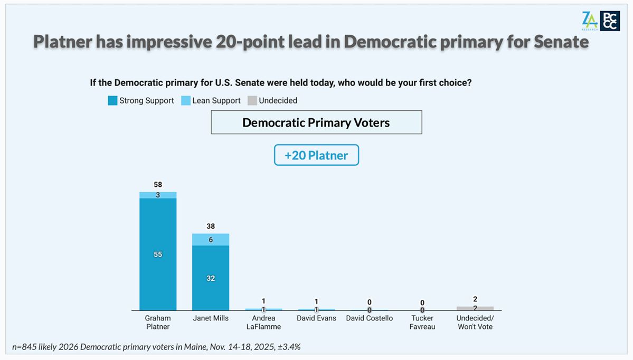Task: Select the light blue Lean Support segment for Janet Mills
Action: [211, 239]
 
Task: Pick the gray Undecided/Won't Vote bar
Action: [475, 308]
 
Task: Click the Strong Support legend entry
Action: [140, 100]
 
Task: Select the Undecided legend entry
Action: [272, 100]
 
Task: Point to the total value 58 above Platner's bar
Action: [158, 185]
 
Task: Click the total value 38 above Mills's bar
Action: [211, 226]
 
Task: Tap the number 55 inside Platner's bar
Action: [158, 254]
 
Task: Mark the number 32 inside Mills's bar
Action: [211, 278]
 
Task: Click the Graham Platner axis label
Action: [158, 322]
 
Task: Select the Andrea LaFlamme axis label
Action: [263, 322]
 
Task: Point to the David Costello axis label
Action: [370, 318]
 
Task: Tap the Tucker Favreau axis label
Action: [422, 322]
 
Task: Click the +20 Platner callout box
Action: [316, 155]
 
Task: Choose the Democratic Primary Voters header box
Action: [316, 122]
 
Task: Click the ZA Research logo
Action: [589, 21]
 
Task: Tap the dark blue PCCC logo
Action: [610, 21]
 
